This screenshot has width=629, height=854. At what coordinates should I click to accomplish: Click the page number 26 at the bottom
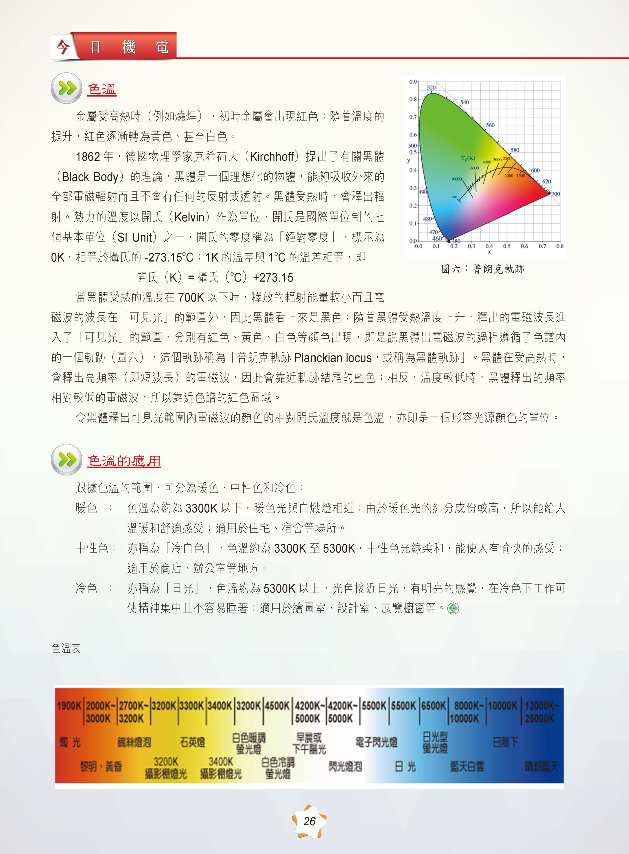(x=309, y=821)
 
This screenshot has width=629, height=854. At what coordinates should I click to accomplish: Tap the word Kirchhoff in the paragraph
(x=272, y=157)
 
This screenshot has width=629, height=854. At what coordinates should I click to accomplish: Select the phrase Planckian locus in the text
(x=333, y=358)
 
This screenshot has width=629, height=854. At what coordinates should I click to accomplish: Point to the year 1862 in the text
(x=88, y=157)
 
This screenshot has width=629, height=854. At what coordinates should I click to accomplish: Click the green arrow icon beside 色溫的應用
(x=67, y=460)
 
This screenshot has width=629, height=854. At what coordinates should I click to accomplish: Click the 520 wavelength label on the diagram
(x=431, y=88)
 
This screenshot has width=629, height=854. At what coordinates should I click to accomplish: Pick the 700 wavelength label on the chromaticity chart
(x=556, y=194)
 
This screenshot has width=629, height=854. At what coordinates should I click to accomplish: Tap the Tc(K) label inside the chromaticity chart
(x=468, y=158)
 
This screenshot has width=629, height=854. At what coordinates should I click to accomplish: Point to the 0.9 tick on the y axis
(x=413, y=82)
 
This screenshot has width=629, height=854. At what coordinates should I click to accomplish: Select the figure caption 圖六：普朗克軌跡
(x=482, y=269)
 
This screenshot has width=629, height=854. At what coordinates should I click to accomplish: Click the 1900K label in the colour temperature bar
(x=69, y=706)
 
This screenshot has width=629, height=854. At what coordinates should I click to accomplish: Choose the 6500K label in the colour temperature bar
(x=433, y=706)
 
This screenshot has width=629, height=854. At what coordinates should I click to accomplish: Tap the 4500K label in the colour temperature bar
(x=277, y=706)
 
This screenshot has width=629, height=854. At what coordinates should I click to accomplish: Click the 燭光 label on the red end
(x=70, y=742)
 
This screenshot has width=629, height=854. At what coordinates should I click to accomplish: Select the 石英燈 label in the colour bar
(x=193, y=742)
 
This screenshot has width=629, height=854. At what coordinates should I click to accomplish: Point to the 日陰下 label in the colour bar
(x=505, y=742)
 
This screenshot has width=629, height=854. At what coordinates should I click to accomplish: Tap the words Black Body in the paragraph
(x=90, y=177)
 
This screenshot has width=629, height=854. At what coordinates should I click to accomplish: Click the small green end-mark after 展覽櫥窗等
(x=453, y=608)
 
